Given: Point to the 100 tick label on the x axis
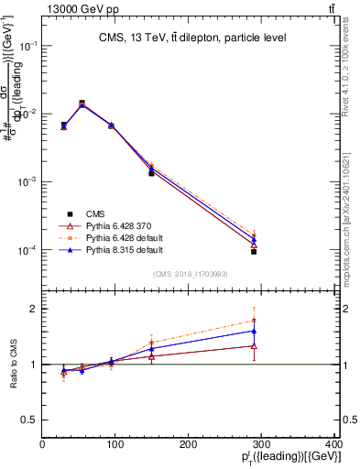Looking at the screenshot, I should (x=115, y=444).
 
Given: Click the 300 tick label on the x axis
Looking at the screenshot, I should (x=261, y=444).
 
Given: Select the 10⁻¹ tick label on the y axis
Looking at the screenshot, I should (x=29, y=45).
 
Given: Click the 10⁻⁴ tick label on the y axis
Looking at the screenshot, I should (x=29, y=250).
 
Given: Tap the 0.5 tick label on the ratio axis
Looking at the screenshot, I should (x=30, y=420).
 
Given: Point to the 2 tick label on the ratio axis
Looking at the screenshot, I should (x=34, y=309).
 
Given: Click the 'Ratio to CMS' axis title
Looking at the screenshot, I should (x=12, y=365).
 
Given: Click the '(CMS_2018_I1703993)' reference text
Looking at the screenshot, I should (x=191, y=273).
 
